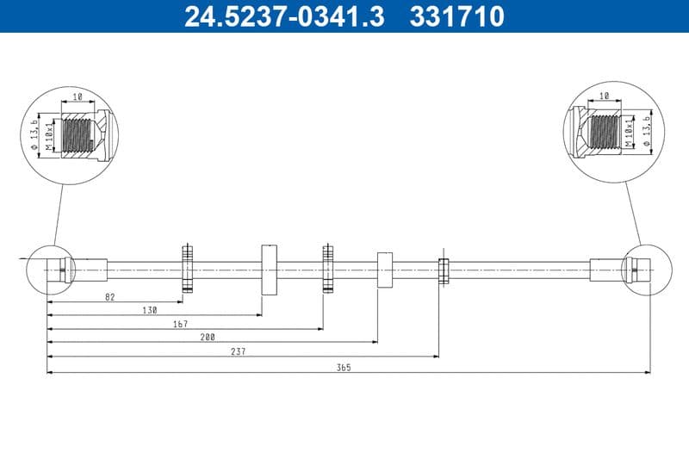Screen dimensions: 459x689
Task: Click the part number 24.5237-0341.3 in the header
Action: point(284,16)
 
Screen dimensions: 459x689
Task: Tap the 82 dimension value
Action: point(109,296)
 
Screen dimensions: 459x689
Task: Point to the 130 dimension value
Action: point(151,309)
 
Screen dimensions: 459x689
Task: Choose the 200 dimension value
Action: point(208,337)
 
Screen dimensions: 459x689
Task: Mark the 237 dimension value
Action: point(239,350)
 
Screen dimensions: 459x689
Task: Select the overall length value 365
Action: point(344,367)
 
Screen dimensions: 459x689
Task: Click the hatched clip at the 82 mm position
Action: point(186,269)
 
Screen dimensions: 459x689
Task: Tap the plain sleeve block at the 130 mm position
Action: point(268,269)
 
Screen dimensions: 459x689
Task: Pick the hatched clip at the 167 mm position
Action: point(327,269)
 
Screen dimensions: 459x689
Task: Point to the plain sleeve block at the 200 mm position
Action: point(384,270)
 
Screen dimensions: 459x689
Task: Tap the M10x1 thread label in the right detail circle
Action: point(630,134)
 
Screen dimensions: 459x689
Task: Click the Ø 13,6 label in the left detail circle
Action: point(34,134)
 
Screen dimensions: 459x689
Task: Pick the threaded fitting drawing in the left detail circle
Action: point(83,135)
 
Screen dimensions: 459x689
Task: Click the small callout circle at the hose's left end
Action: point(51,270)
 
